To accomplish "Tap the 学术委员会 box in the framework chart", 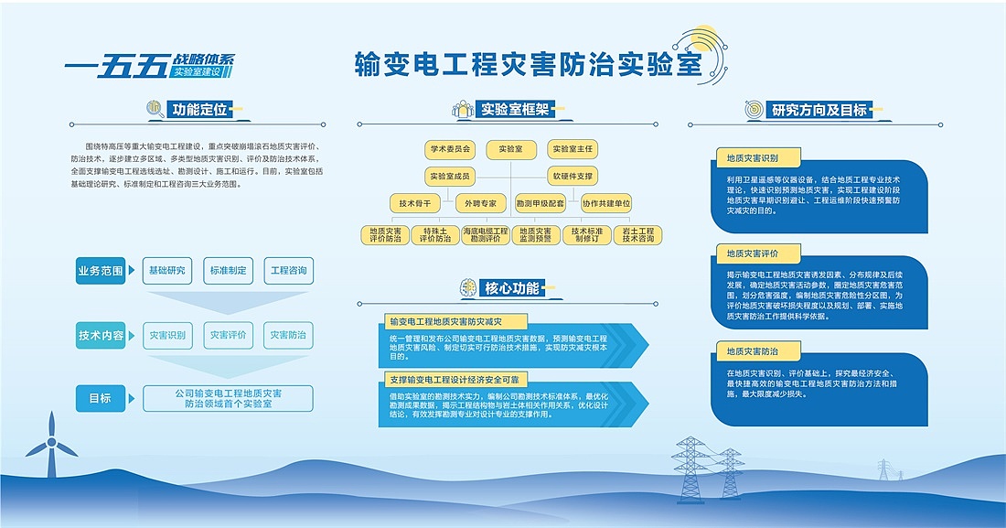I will [449, 149].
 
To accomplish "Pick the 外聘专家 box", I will [481, 203].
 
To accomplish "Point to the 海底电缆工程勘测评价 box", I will [485, 235].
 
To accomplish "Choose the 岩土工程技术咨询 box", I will [637, 235].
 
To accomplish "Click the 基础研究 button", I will [167, 271].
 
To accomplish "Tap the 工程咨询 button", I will [289, 271].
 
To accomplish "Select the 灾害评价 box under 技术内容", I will [228, 336].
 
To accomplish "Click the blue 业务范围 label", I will [101, 271].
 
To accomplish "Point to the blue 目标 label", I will [101, 398].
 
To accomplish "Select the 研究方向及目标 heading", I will [819, 109].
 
